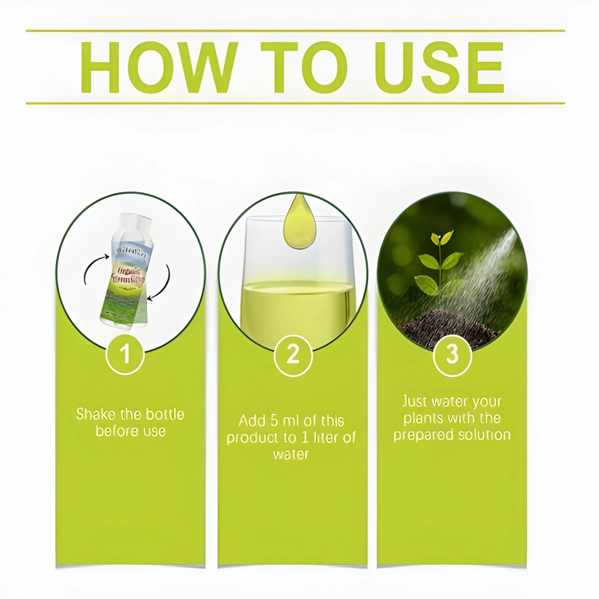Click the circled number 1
(126, 355)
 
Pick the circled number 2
(293, 355)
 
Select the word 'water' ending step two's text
(291, 455)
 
